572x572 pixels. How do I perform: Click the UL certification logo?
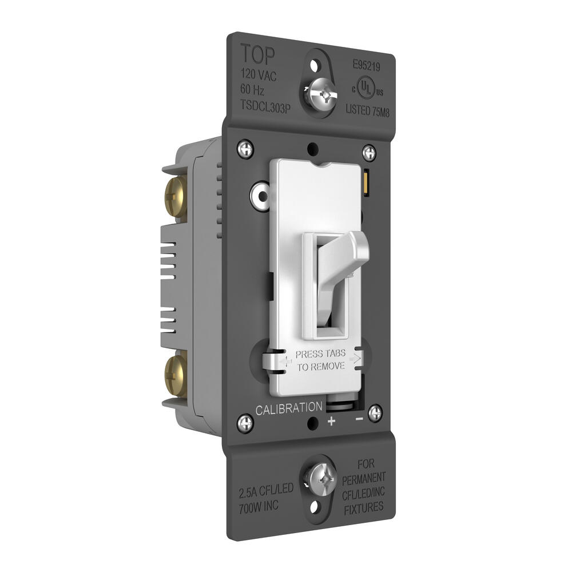click(x=367, y=88)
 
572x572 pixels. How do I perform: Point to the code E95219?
click(x=366, y=66)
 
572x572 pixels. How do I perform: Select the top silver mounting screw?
click(x=318, y=94)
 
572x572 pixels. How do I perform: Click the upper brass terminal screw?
click(x=176, y=197)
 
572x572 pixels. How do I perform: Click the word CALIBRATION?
click(x=288, y=408)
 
